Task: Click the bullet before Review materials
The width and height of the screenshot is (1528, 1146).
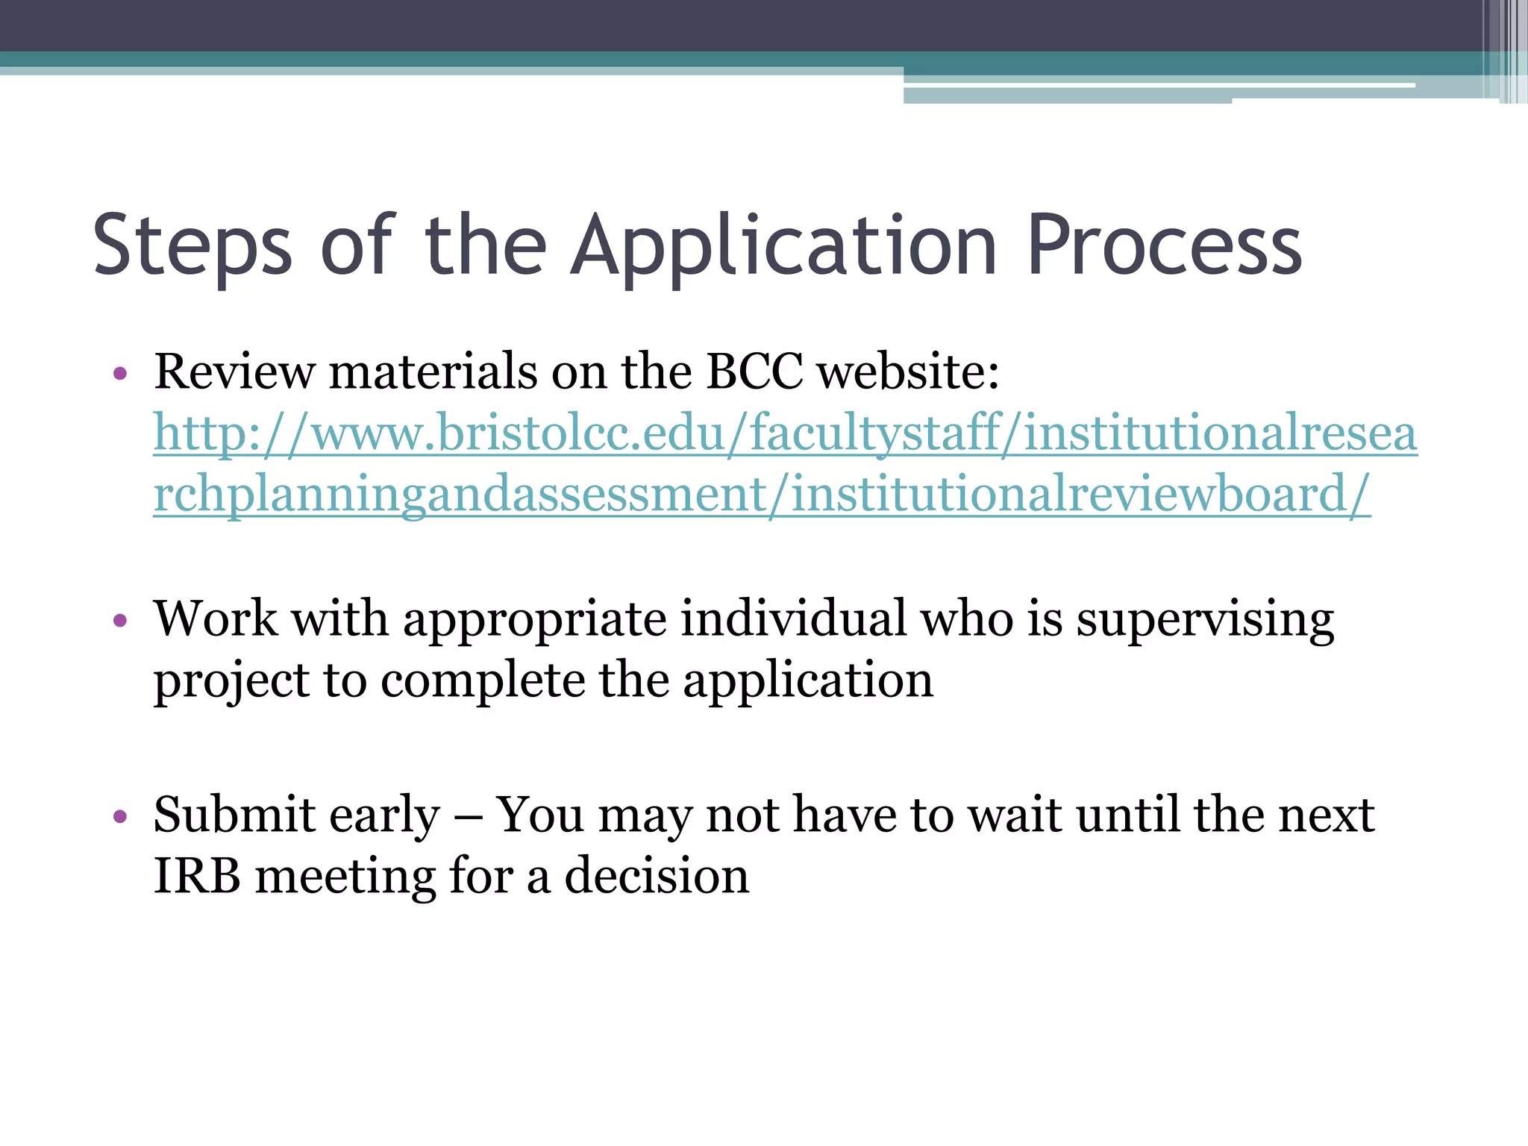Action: pyautogui.click(x=120, y=372)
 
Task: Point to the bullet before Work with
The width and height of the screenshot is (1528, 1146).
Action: pyautogui.click(x=120, y=620)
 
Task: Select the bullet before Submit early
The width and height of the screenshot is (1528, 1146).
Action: pyautogui.click(x=120, y=815)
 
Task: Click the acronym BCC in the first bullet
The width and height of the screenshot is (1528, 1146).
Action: pyautogui.click(x=754, y=371)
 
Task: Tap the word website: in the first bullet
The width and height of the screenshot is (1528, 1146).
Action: pyautogui.click(x=908, y=371)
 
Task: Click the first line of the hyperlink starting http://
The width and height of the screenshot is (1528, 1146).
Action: pyautogui.click(x=785, y=433)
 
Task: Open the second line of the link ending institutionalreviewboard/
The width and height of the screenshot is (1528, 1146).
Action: pyautogui.click(x=762, y=494)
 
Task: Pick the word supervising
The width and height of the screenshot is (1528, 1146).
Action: pyautogui.click(x=1204, y=619)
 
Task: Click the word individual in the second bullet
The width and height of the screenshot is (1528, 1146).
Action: pyautogui.click(x=793, y=619)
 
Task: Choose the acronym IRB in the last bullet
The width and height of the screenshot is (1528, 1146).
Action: pyautogui.click(x=197, y=876)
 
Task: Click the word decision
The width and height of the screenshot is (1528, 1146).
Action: pyautogui.click(x=657, y=876)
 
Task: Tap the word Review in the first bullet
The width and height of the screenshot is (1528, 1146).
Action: pyautogui.click(x=234, y=371)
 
